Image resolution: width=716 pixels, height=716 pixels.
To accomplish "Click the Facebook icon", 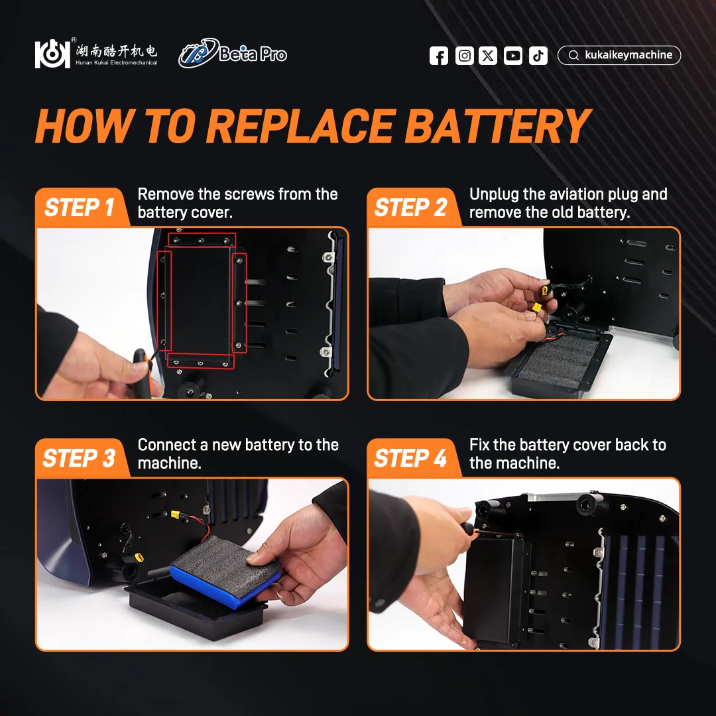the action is [x=439, y=56].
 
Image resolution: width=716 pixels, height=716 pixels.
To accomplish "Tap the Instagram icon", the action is [x=464, y=56].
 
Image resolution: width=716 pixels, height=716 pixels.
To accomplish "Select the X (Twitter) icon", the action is [x=488, y=56].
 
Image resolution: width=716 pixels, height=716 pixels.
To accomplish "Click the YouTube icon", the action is [x=512, y=56].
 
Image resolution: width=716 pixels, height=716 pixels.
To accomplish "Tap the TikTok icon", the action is [x=538, y=56].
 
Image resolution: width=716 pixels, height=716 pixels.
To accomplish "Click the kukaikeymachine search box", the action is [x=619, y=55].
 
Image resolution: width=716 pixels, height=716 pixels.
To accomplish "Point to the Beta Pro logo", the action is [x=233, y=53].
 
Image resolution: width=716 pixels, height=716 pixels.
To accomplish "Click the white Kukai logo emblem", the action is [x=52, y=54].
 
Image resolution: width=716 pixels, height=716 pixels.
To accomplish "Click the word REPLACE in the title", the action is [x=301, y=126].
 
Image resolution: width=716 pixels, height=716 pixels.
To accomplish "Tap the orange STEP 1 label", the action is [x=80, y=208].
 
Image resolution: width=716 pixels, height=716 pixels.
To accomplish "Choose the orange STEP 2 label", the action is [x=411, y=208].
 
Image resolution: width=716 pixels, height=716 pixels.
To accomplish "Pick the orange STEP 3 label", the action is [x=80, y=458].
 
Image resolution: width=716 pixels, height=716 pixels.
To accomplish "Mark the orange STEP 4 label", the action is [x=411, y=458].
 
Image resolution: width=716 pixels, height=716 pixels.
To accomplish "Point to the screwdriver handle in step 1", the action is [x=143, y=372].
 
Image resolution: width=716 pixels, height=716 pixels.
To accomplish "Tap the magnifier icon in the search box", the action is [x=573, y=55].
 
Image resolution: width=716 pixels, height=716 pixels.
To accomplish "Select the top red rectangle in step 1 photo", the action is [x=202, y=240].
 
